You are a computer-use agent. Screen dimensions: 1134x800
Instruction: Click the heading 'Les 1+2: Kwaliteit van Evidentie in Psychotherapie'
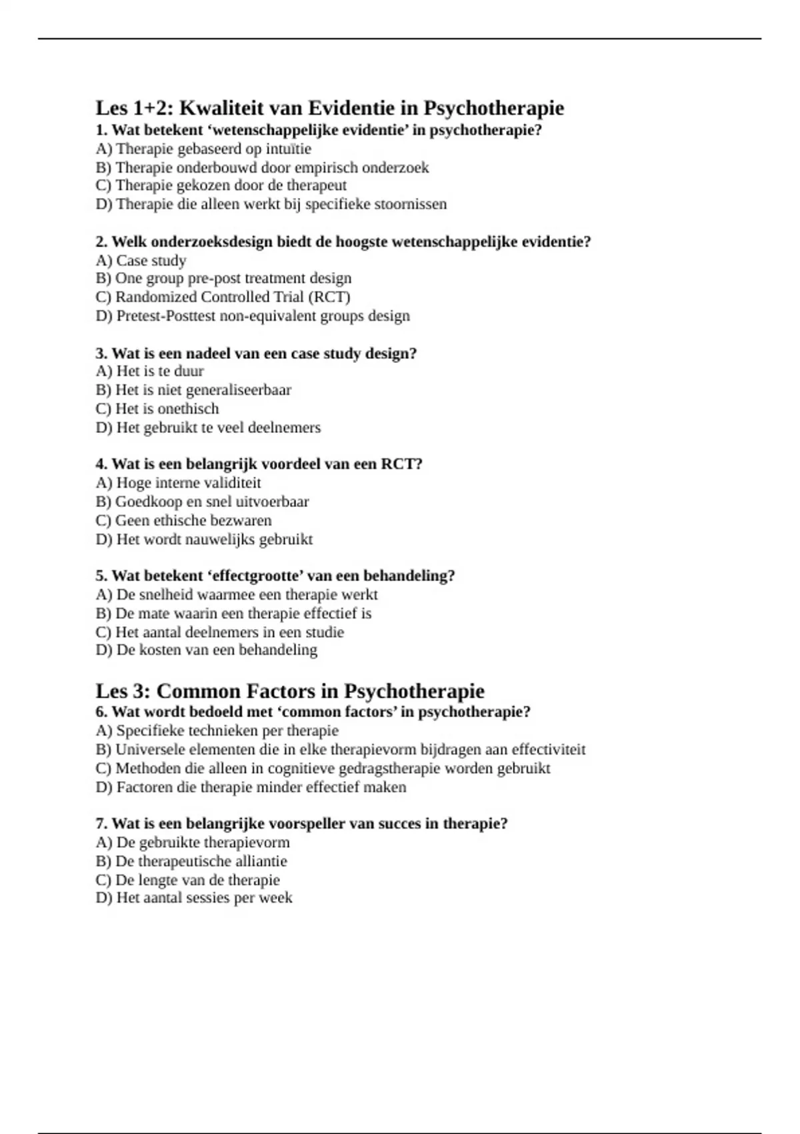click(329, 108)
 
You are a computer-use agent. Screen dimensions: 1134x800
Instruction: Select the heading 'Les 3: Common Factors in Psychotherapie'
click(289, 690)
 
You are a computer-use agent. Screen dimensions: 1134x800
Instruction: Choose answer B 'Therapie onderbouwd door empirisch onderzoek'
click(262, 167)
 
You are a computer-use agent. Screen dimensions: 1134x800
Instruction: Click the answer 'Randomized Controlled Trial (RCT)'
click(233, 297)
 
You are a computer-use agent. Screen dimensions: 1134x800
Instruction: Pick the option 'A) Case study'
click(141, 260)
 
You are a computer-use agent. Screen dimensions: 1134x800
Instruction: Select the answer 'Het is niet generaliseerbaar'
click(193, 390)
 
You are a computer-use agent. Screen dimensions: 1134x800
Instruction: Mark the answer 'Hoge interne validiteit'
click(178, 482)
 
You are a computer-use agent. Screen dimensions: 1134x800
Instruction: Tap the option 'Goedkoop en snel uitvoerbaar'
click(202, 501)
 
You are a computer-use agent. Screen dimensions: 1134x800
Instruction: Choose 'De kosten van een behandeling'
click(207, 650)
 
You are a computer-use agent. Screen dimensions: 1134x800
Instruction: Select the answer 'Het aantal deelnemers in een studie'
click(220, 632)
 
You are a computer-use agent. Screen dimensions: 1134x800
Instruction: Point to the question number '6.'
click(101, 712)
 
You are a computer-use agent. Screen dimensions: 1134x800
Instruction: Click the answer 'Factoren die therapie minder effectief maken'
click(251, 787)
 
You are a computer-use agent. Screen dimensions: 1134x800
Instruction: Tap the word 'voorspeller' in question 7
click(304, 824)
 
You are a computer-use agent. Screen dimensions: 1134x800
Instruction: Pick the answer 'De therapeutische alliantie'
click(191, 861)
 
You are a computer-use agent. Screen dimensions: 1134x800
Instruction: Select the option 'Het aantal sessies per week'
click(194, 898)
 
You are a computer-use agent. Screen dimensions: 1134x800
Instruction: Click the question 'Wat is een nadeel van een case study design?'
click(257, 353)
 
